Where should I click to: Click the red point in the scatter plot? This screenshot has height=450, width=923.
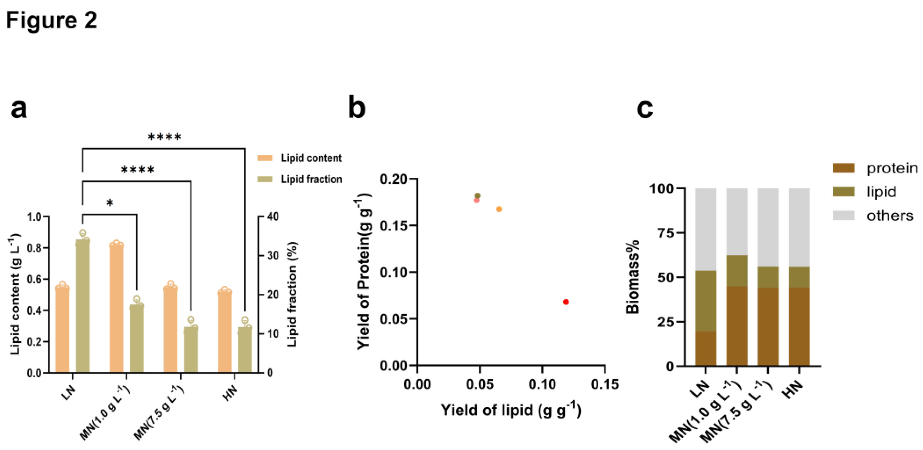point(566,302)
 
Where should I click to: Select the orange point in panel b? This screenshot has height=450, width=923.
point(499,209)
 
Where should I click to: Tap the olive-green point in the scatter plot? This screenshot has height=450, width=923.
point(477,196)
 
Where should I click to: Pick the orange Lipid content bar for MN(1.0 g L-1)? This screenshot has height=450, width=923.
point(117,308)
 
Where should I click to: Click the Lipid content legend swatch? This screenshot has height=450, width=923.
point(265,158)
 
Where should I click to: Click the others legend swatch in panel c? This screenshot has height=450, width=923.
point(843,215)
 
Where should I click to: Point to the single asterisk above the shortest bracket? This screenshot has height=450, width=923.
point(110,203)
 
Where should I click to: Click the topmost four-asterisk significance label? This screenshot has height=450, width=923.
point(165,137)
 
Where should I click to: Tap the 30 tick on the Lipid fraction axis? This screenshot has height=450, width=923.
point(273,256)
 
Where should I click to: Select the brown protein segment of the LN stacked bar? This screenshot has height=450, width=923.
point(705,348)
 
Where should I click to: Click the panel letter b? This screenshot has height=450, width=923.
point(357,108)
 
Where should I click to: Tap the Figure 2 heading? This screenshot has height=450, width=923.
point(51,20)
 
